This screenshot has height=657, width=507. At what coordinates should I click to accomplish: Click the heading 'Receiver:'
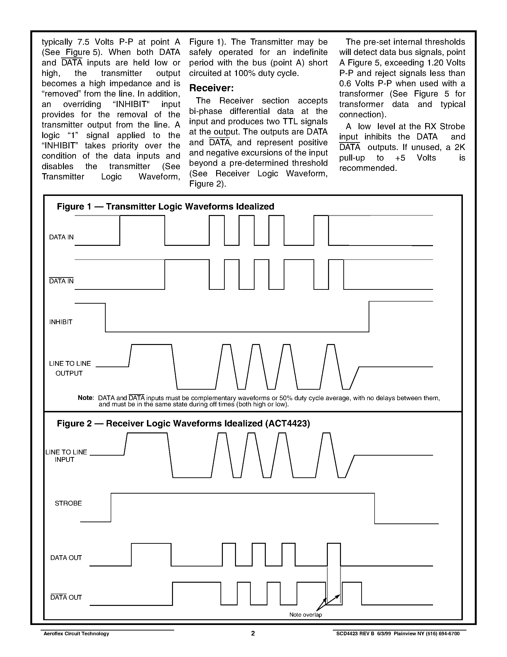tap(211, 88)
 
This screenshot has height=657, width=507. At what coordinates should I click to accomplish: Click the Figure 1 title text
tap(166, 207)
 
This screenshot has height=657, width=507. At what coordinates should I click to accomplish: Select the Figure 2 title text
tap(183, 424)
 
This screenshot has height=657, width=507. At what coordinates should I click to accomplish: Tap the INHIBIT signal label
tap(61, 322)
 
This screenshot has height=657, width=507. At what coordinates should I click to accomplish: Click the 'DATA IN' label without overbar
tap(61, 237)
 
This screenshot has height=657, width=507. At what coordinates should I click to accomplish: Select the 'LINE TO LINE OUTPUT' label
tap(70, 368)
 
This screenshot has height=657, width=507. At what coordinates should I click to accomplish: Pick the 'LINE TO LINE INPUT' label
tap(66, 456)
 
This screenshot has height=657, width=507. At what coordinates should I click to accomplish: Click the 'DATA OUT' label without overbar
tap(66, 558)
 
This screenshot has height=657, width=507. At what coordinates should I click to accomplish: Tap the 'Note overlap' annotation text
tap(305, 614)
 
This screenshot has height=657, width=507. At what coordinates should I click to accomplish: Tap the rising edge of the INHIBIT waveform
tap(369, 317)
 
